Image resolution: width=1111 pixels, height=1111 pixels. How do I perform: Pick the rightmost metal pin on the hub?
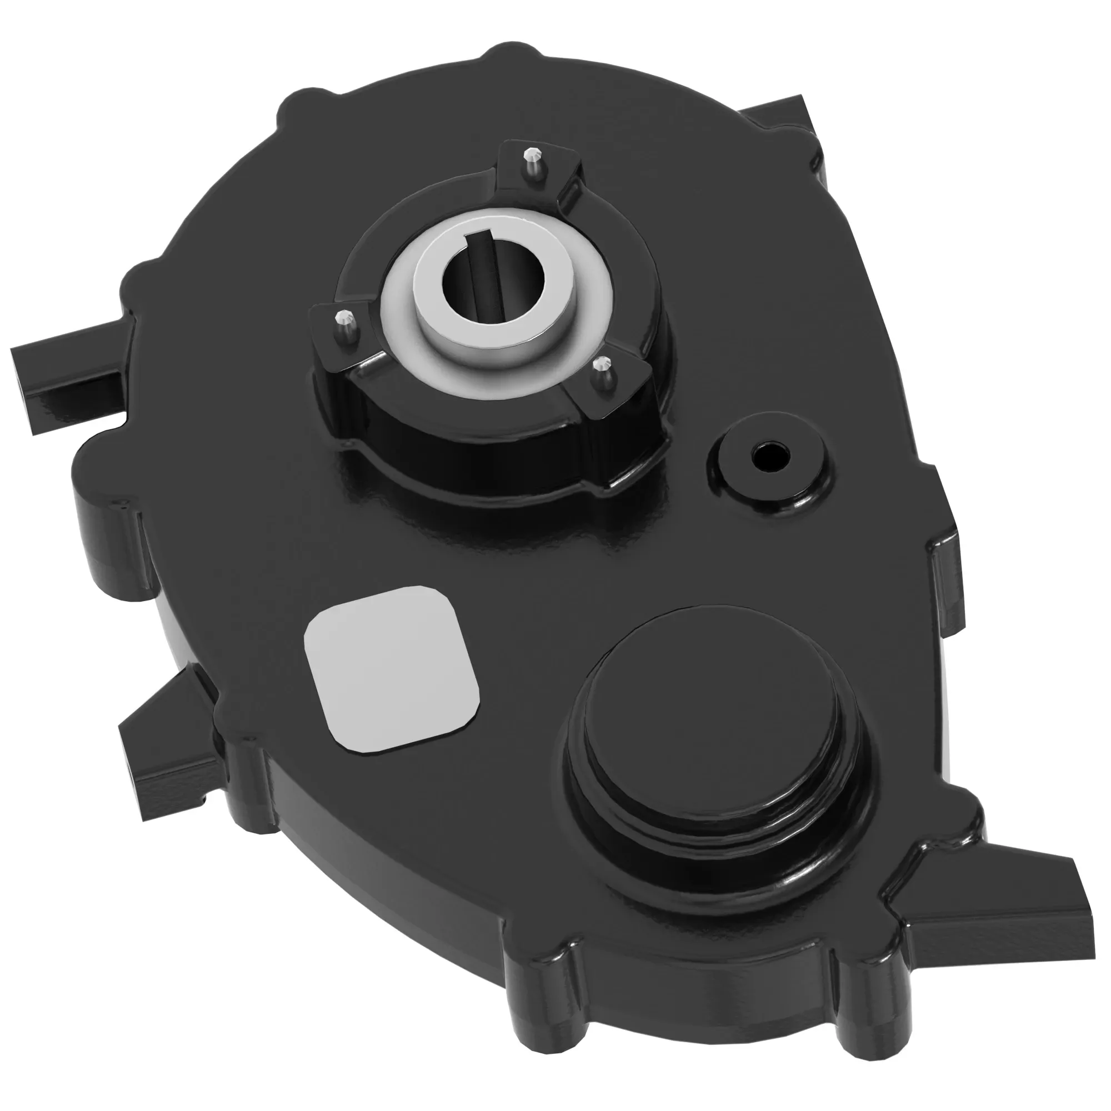(603, 364)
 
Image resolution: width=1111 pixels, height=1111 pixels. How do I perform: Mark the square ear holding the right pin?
(609, 386)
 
